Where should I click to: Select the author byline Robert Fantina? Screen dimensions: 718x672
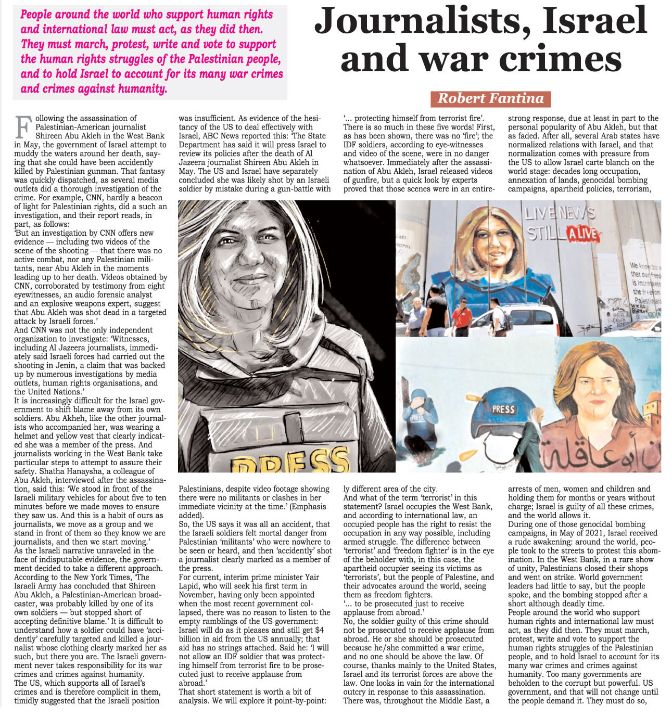coord(490,98)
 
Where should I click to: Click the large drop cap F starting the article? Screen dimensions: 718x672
coord(22,126)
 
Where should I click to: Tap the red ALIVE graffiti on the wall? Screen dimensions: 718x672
coord(582,234)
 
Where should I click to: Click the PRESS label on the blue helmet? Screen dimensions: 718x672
coord(503,409)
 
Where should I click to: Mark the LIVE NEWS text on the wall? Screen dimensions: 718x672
coord(560,213)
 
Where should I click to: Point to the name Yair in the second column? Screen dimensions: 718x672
coord(321,577)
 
